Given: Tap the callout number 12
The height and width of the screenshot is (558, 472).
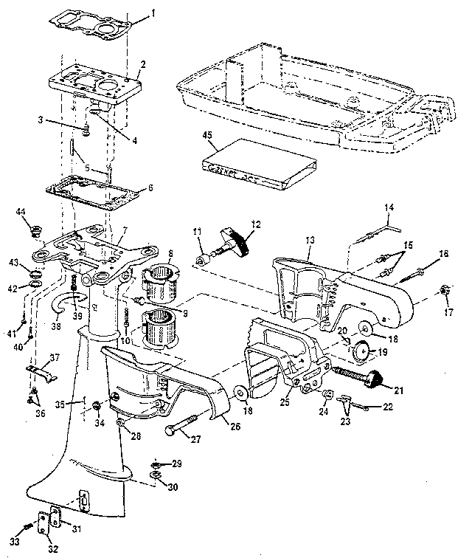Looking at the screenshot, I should [256, 224].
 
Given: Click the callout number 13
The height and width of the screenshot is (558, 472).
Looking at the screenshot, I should [309, 240].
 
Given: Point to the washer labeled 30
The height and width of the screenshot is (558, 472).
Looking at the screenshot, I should [156, 478].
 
